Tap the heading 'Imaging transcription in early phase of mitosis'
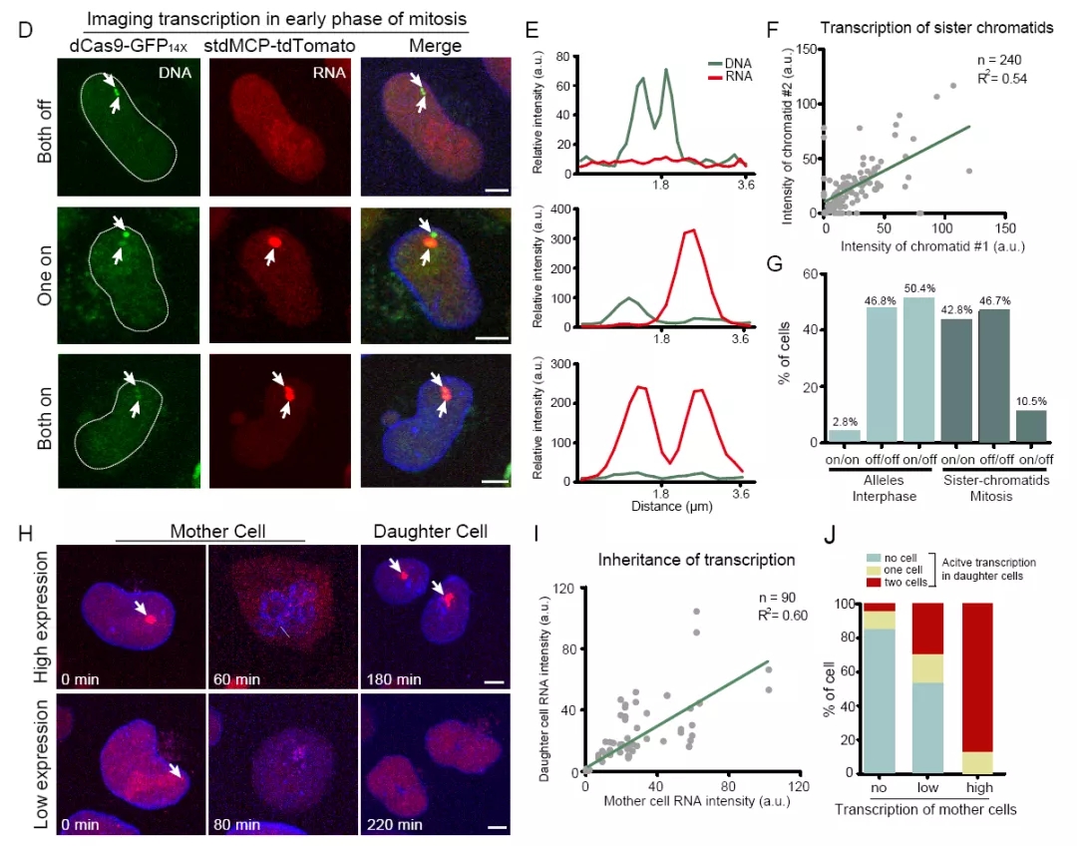pyautogui.click(x=277, y=20)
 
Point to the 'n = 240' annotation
pyautogui.click(x=998, y=60)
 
